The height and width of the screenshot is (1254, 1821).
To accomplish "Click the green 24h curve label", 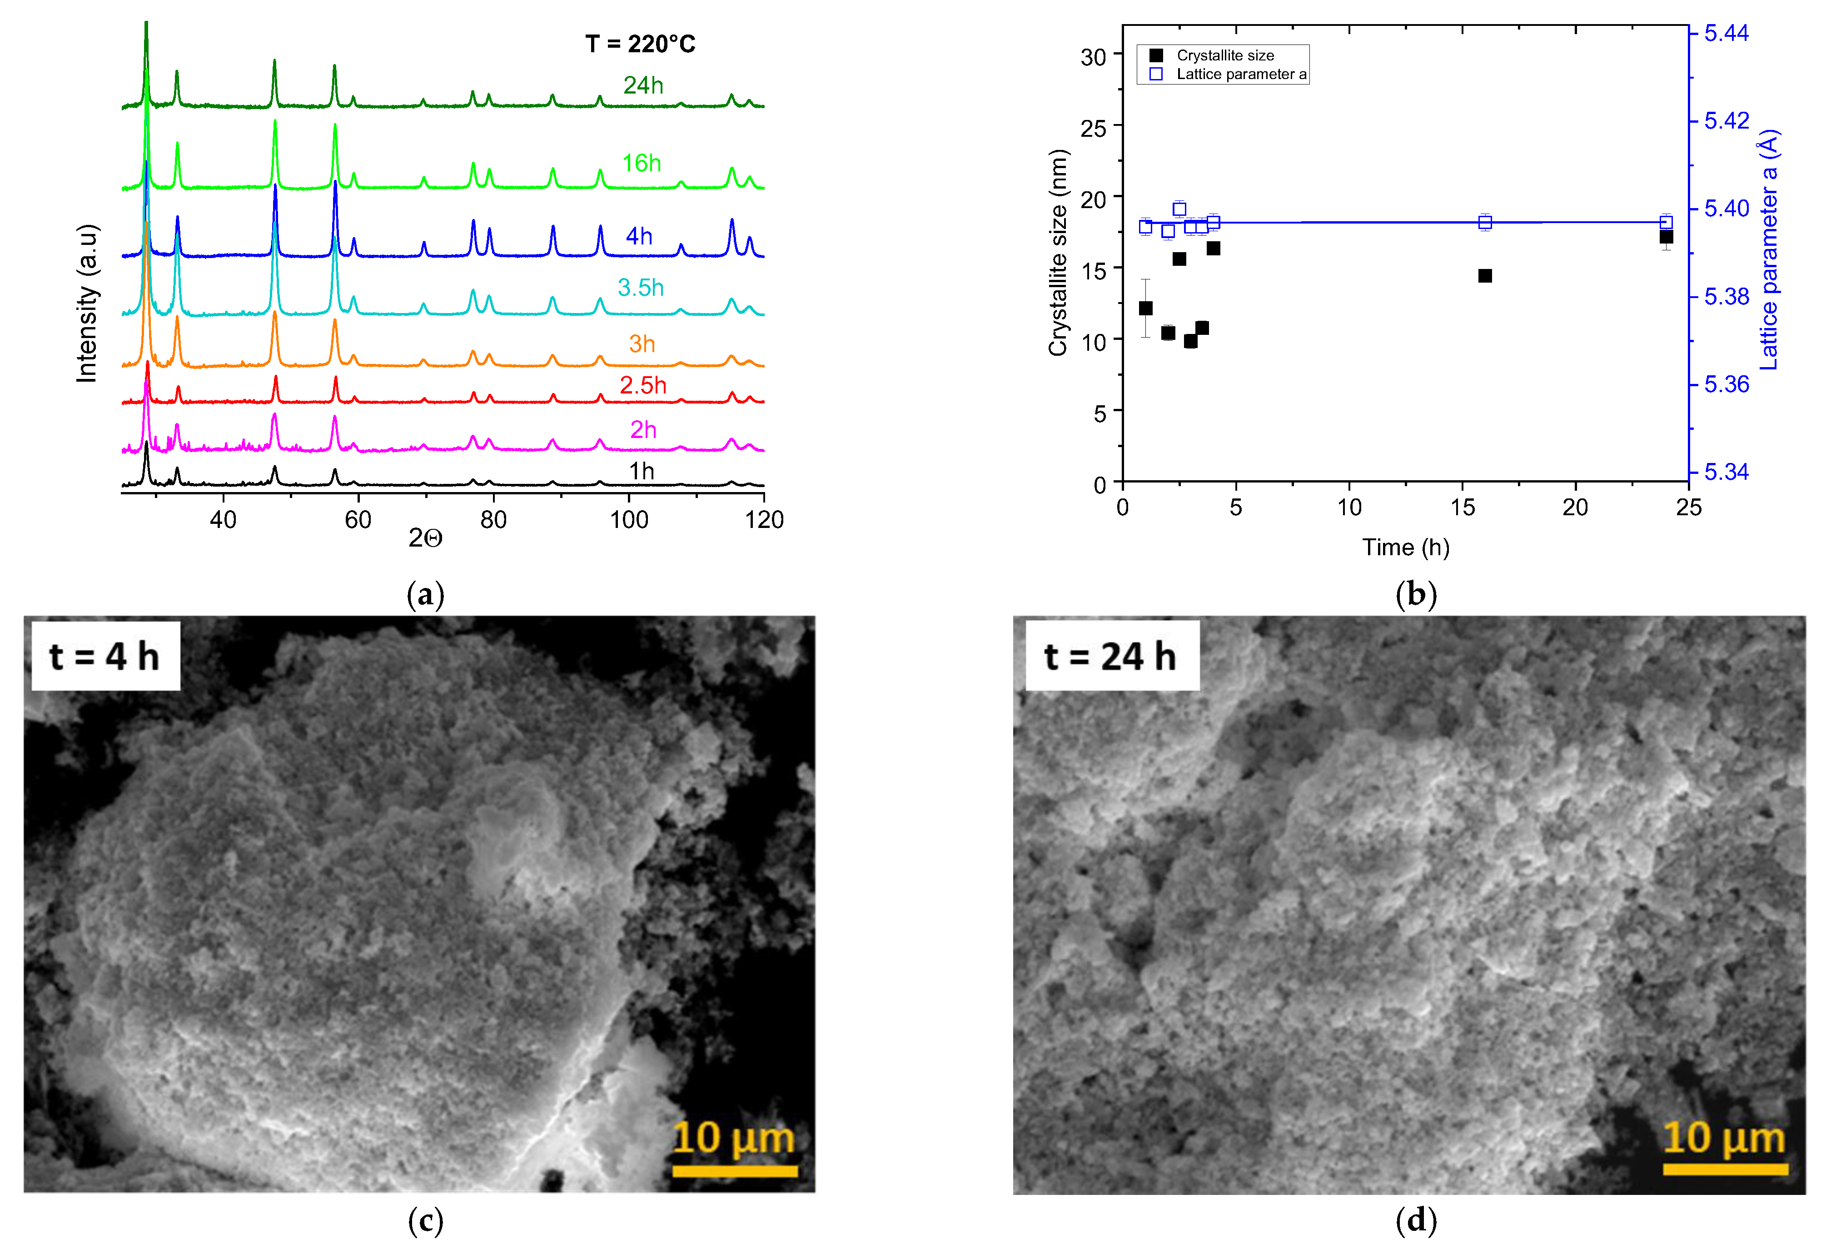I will coord(642,85).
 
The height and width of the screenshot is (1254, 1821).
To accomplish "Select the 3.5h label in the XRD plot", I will coord(640,288).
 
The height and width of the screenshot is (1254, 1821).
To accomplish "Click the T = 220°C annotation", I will coord(640,44).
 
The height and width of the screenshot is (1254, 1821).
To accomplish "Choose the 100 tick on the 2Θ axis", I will coord(628,519).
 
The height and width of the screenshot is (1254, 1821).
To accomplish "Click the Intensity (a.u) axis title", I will coord(86,304).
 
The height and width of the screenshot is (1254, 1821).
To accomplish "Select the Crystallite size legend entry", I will coord(1224,55).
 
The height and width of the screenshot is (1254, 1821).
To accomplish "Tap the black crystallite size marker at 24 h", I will coord(1666,237).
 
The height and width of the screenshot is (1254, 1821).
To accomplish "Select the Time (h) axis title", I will coord(1405,547).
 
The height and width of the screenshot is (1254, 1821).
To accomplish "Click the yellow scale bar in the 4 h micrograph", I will coord(735,1171).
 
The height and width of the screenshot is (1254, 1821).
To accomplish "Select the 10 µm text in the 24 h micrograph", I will coord(1724,1138).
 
